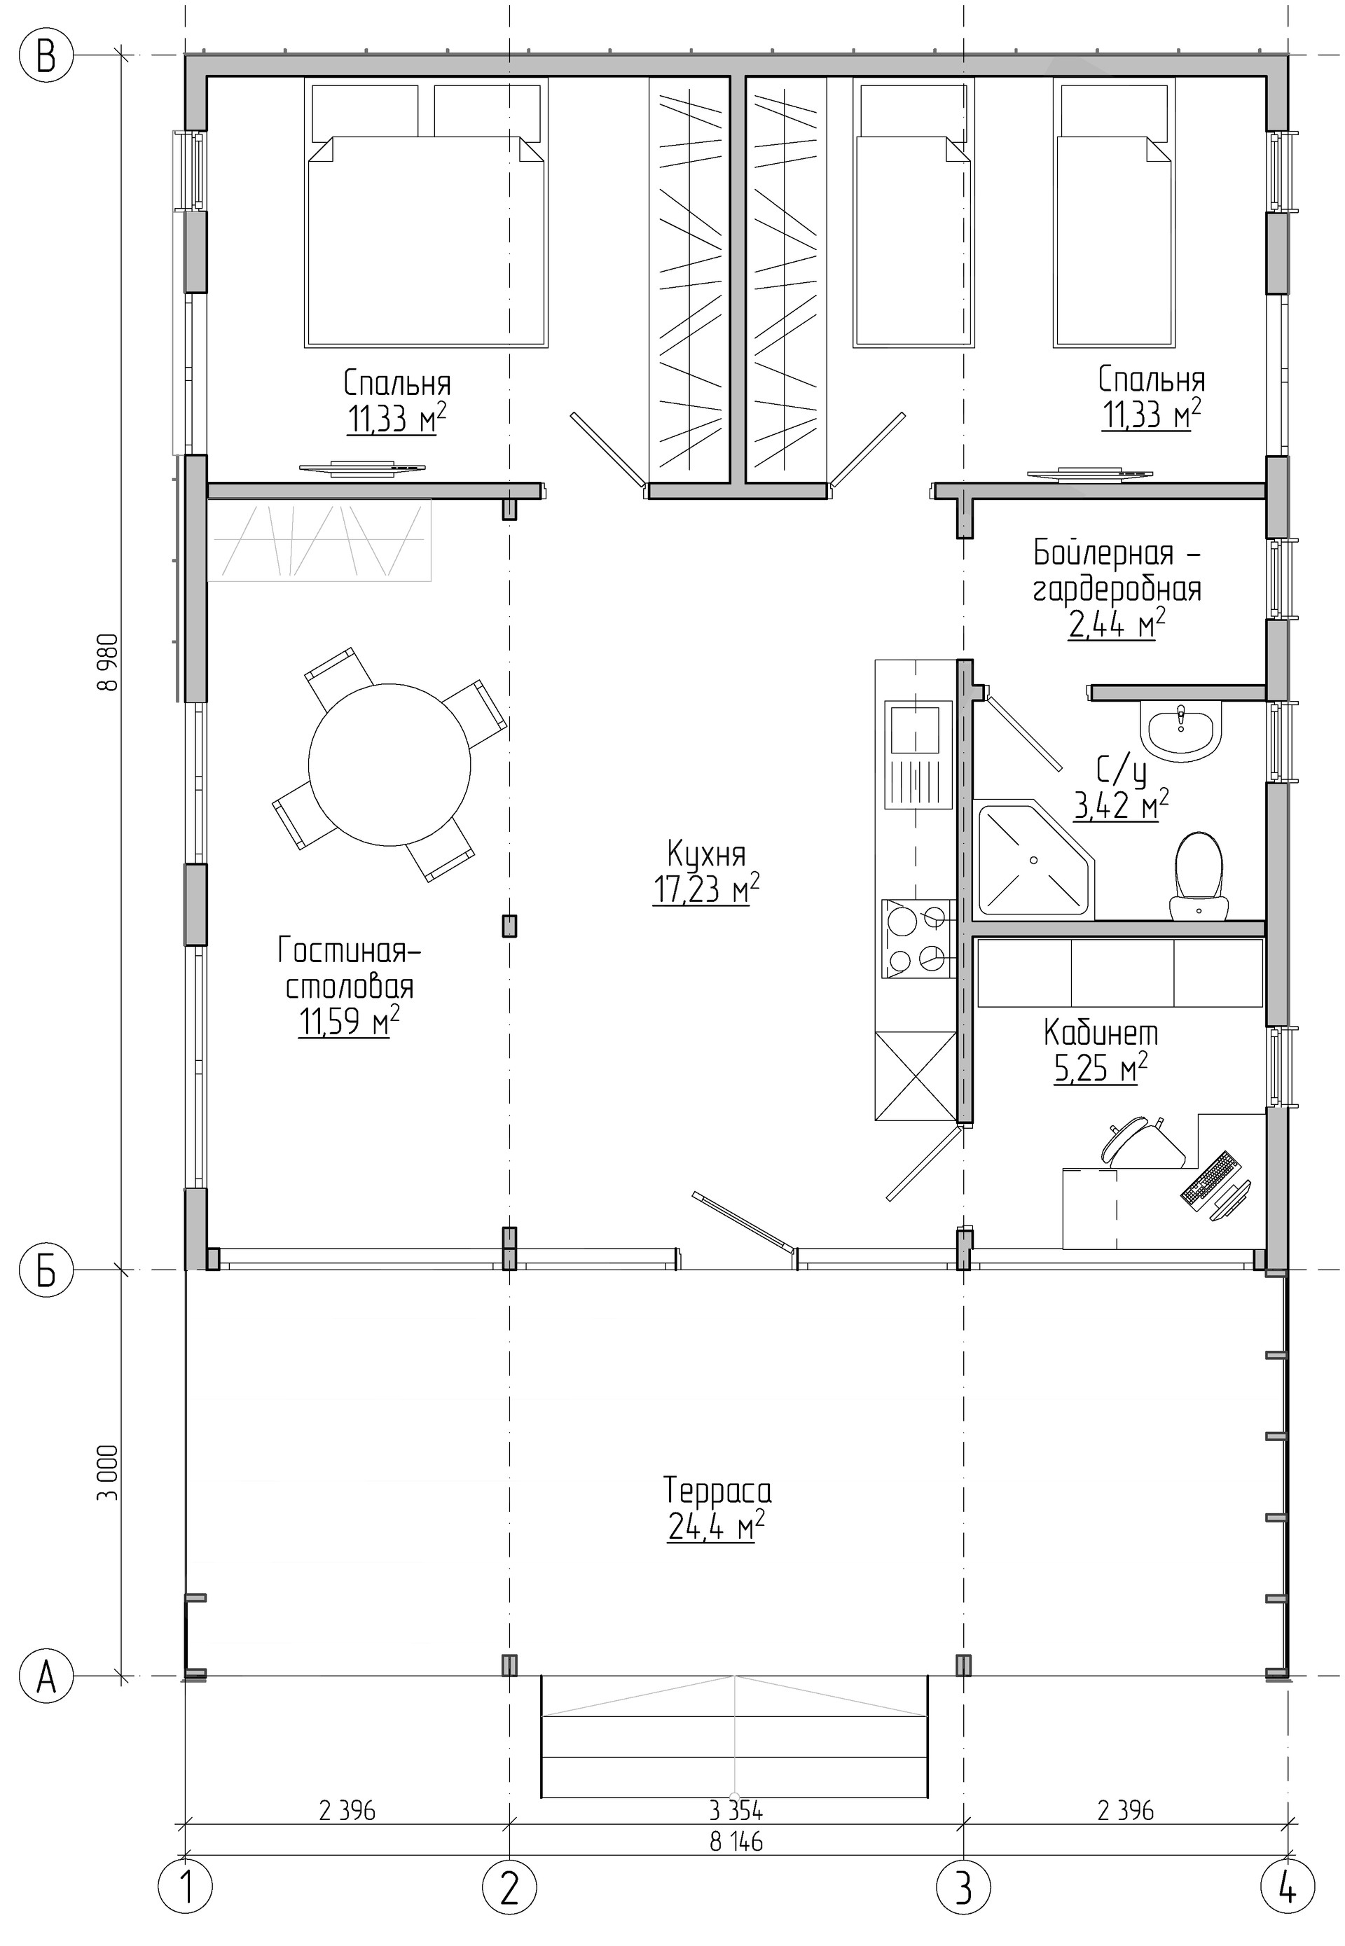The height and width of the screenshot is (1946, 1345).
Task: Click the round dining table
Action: (389, 764)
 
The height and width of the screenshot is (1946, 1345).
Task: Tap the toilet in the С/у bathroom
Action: (1199, 875)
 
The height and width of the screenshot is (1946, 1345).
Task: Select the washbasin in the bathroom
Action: (1180, 729)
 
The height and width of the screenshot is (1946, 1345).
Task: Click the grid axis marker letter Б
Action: (46, 1271)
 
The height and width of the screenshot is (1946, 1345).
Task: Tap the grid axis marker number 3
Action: (964, 1889)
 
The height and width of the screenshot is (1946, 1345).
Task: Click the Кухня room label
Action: (706, 854)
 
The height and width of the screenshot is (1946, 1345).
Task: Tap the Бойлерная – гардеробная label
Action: (1117, 571)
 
